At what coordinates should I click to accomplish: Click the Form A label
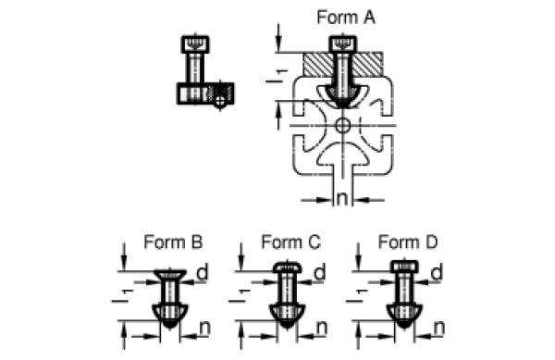(x=346, y=18)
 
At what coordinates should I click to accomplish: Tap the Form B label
(x=173, y=242)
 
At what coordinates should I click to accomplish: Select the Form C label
(x=290, y=242)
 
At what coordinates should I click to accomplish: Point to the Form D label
(x=408, y=242)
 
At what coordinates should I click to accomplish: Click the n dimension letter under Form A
(x=342, y=198)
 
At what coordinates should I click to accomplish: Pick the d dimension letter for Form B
(x=202, y=272)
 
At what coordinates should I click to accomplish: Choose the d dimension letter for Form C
(x=320, y=272)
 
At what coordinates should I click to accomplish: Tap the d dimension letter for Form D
(x=437, y=272)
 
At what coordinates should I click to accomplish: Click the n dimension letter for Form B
(x=205, y=328)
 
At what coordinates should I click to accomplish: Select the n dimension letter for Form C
(x=322, y=328)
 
